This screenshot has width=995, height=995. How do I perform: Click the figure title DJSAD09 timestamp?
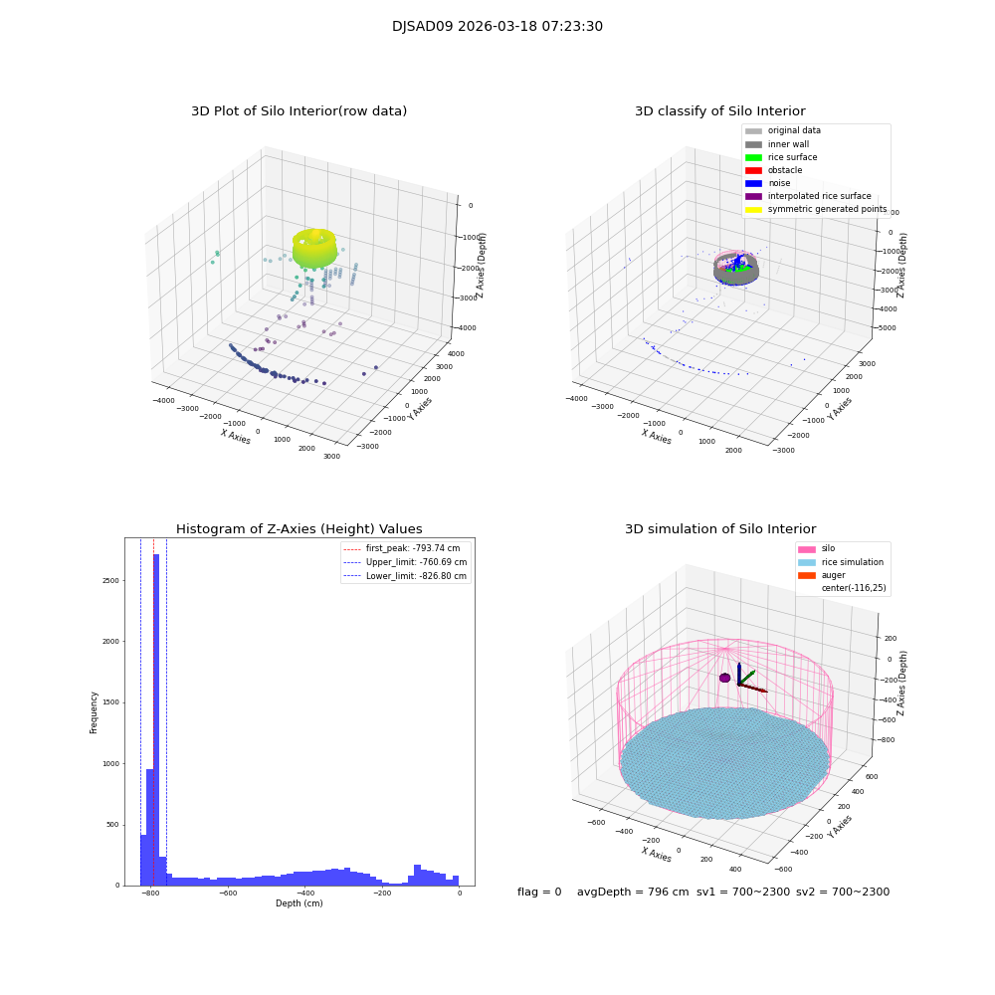click(497, 27)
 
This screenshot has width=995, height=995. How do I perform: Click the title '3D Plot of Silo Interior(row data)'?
click(298, 111)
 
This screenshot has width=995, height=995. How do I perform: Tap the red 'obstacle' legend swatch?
click(753, 170)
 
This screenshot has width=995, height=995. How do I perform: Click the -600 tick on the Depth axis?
click(227, 894)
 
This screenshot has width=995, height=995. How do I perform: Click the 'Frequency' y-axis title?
click(95, 711)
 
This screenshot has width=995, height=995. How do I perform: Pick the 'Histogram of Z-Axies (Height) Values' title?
click(298, 529)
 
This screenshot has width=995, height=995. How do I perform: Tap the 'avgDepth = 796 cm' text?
click(633, 892)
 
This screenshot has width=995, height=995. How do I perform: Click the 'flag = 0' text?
click(539, 892)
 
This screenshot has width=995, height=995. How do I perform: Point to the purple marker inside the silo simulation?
click(725, 678)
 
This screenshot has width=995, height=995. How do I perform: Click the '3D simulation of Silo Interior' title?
click(720, 529)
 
